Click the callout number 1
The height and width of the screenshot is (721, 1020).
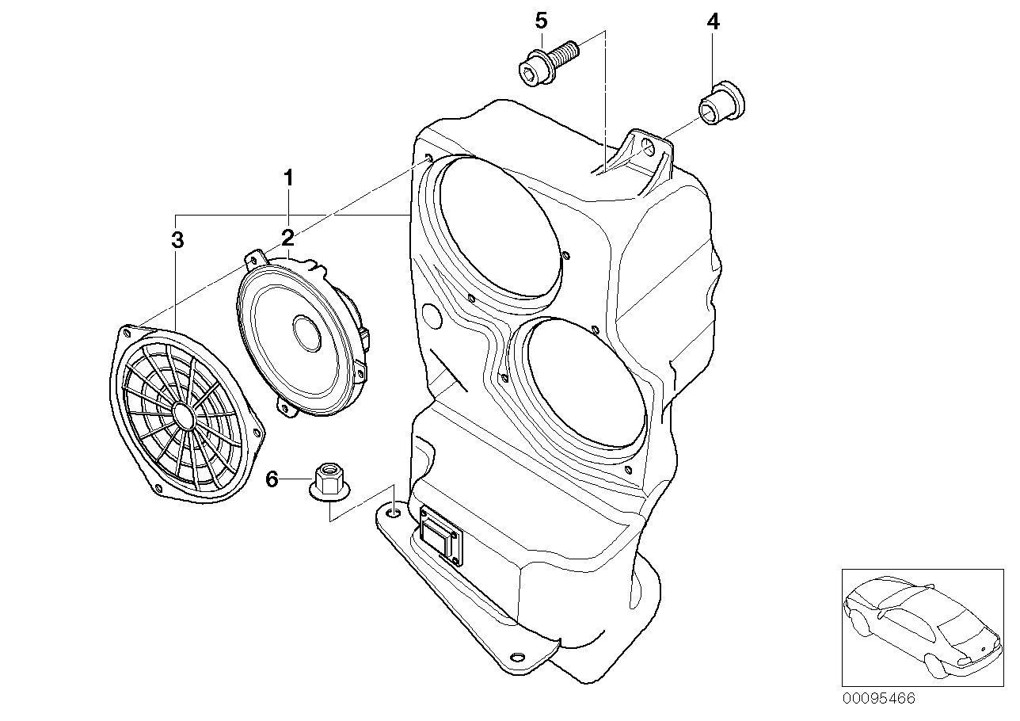point(289,177)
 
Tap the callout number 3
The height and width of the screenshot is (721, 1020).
point(177,239)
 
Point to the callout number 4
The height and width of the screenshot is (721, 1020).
point(713,22)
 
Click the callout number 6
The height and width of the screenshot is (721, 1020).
point(272,479)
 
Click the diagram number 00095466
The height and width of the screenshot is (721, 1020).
point(878,700)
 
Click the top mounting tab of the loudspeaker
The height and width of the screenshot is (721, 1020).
point(255,257)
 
